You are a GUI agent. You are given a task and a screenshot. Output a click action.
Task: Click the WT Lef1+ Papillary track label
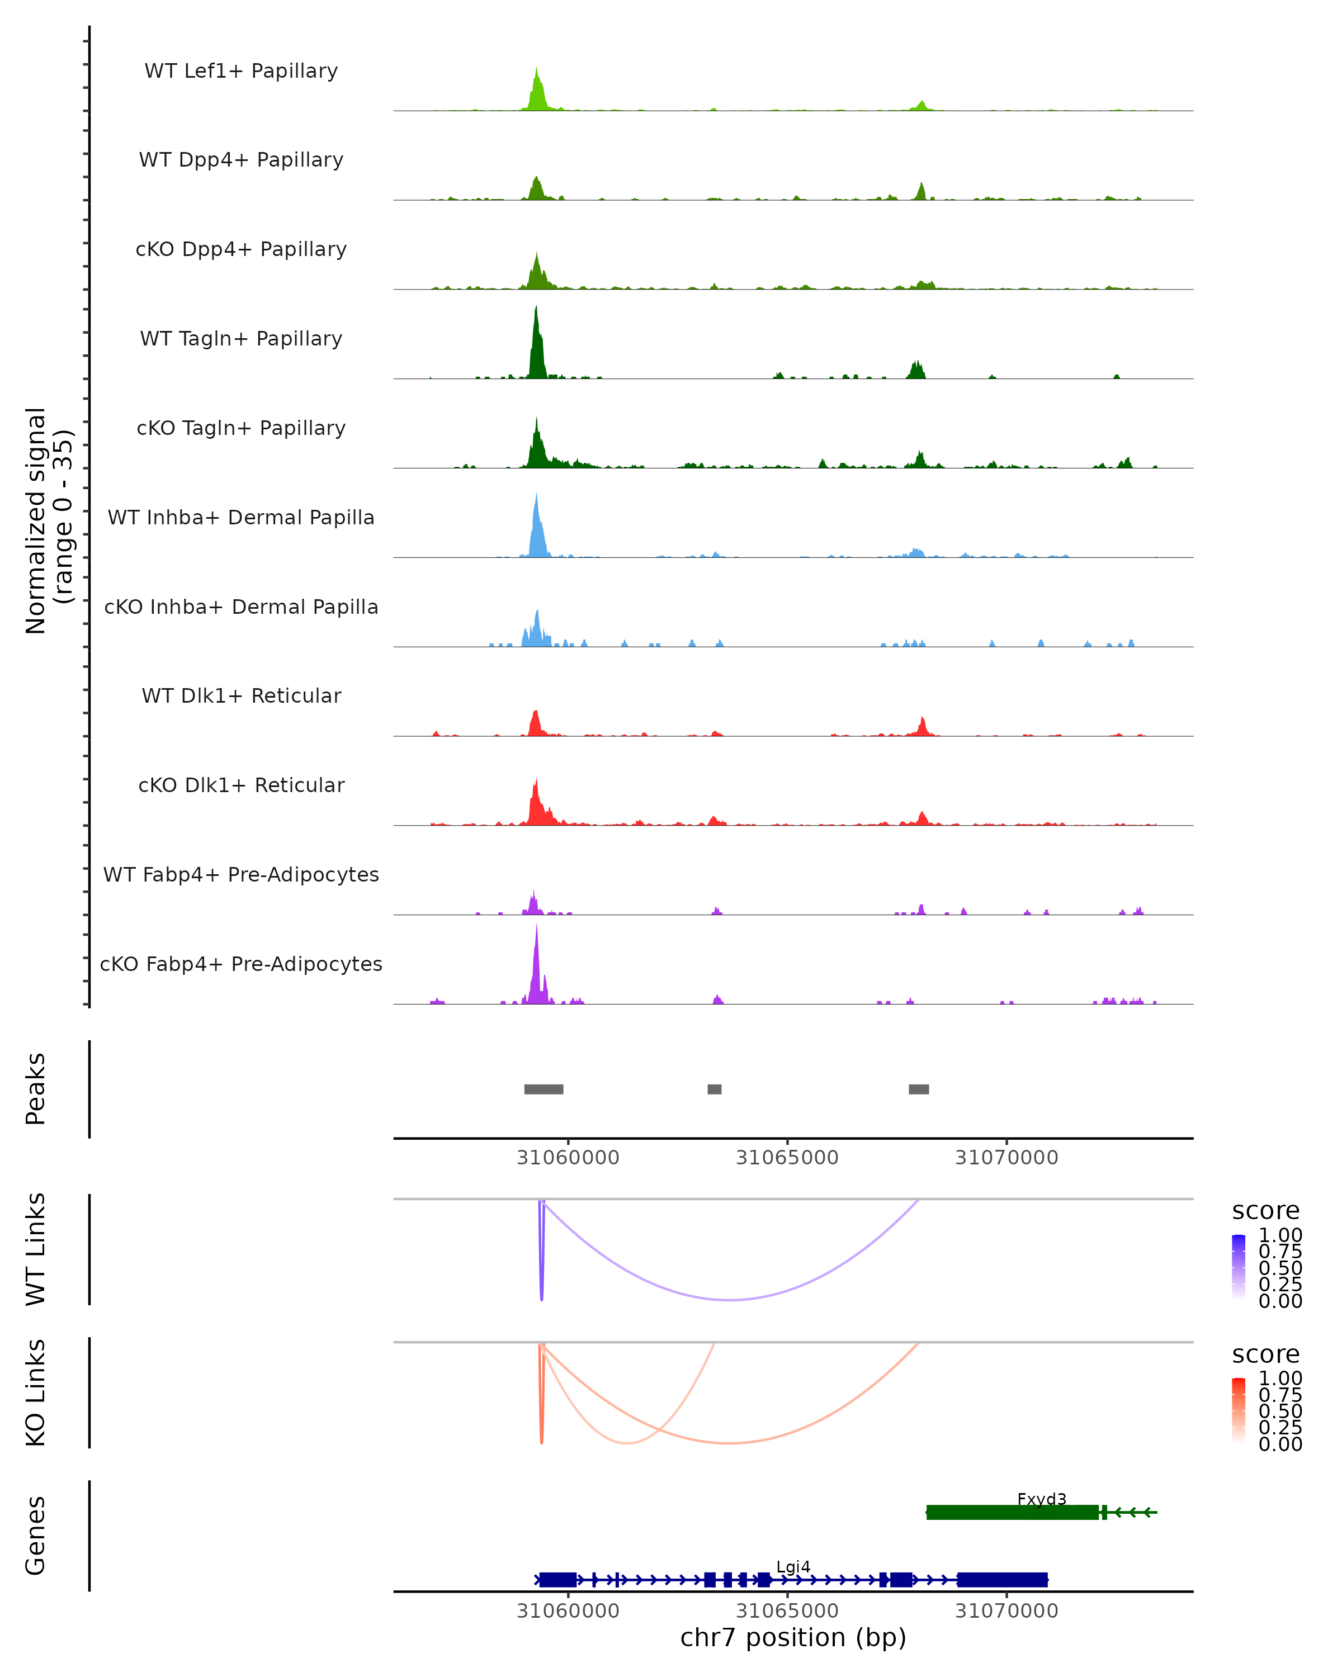point(241,71)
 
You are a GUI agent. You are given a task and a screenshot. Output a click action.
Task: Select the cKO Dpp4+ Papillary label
point(241,249)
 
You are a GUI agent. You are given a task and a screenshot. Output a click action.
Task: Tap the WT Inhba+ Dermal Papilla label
point(241,517)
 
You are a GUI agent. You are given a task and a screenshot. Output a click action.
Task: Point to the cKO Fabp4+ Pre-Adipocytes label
point(241,964)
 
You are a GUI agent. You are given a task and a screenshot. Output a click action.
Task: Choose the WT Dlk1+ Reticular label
point(241,695)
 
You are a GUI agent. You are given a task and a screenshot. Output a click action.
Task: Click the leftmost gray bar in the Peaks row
point(544,1089)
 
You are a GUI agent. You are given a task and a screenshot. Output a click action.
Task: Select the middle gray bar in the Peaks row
point(714,1089)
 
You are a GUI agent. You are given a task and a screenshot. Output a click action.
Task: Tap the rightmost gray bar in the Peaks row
point(919,1089)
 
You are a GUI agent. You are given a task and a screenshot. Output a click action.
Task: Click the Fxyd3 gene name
point(1042,1499)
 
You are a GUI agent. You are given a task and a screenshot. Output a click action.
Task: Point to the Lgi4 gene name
point(793,1566)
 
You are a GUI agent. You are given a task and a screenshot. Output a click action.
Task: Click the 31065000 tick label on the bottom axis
point(787,1611)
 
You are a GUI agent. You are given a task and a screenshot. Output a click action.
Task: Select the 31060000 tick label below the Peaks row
point(568,1158)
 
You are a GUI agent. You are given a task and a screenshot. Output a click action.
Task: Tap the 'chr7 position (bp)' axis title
point(793,1637)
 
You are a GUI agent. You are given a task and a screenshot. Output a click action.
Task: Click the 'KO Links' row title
point(36,1392)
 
